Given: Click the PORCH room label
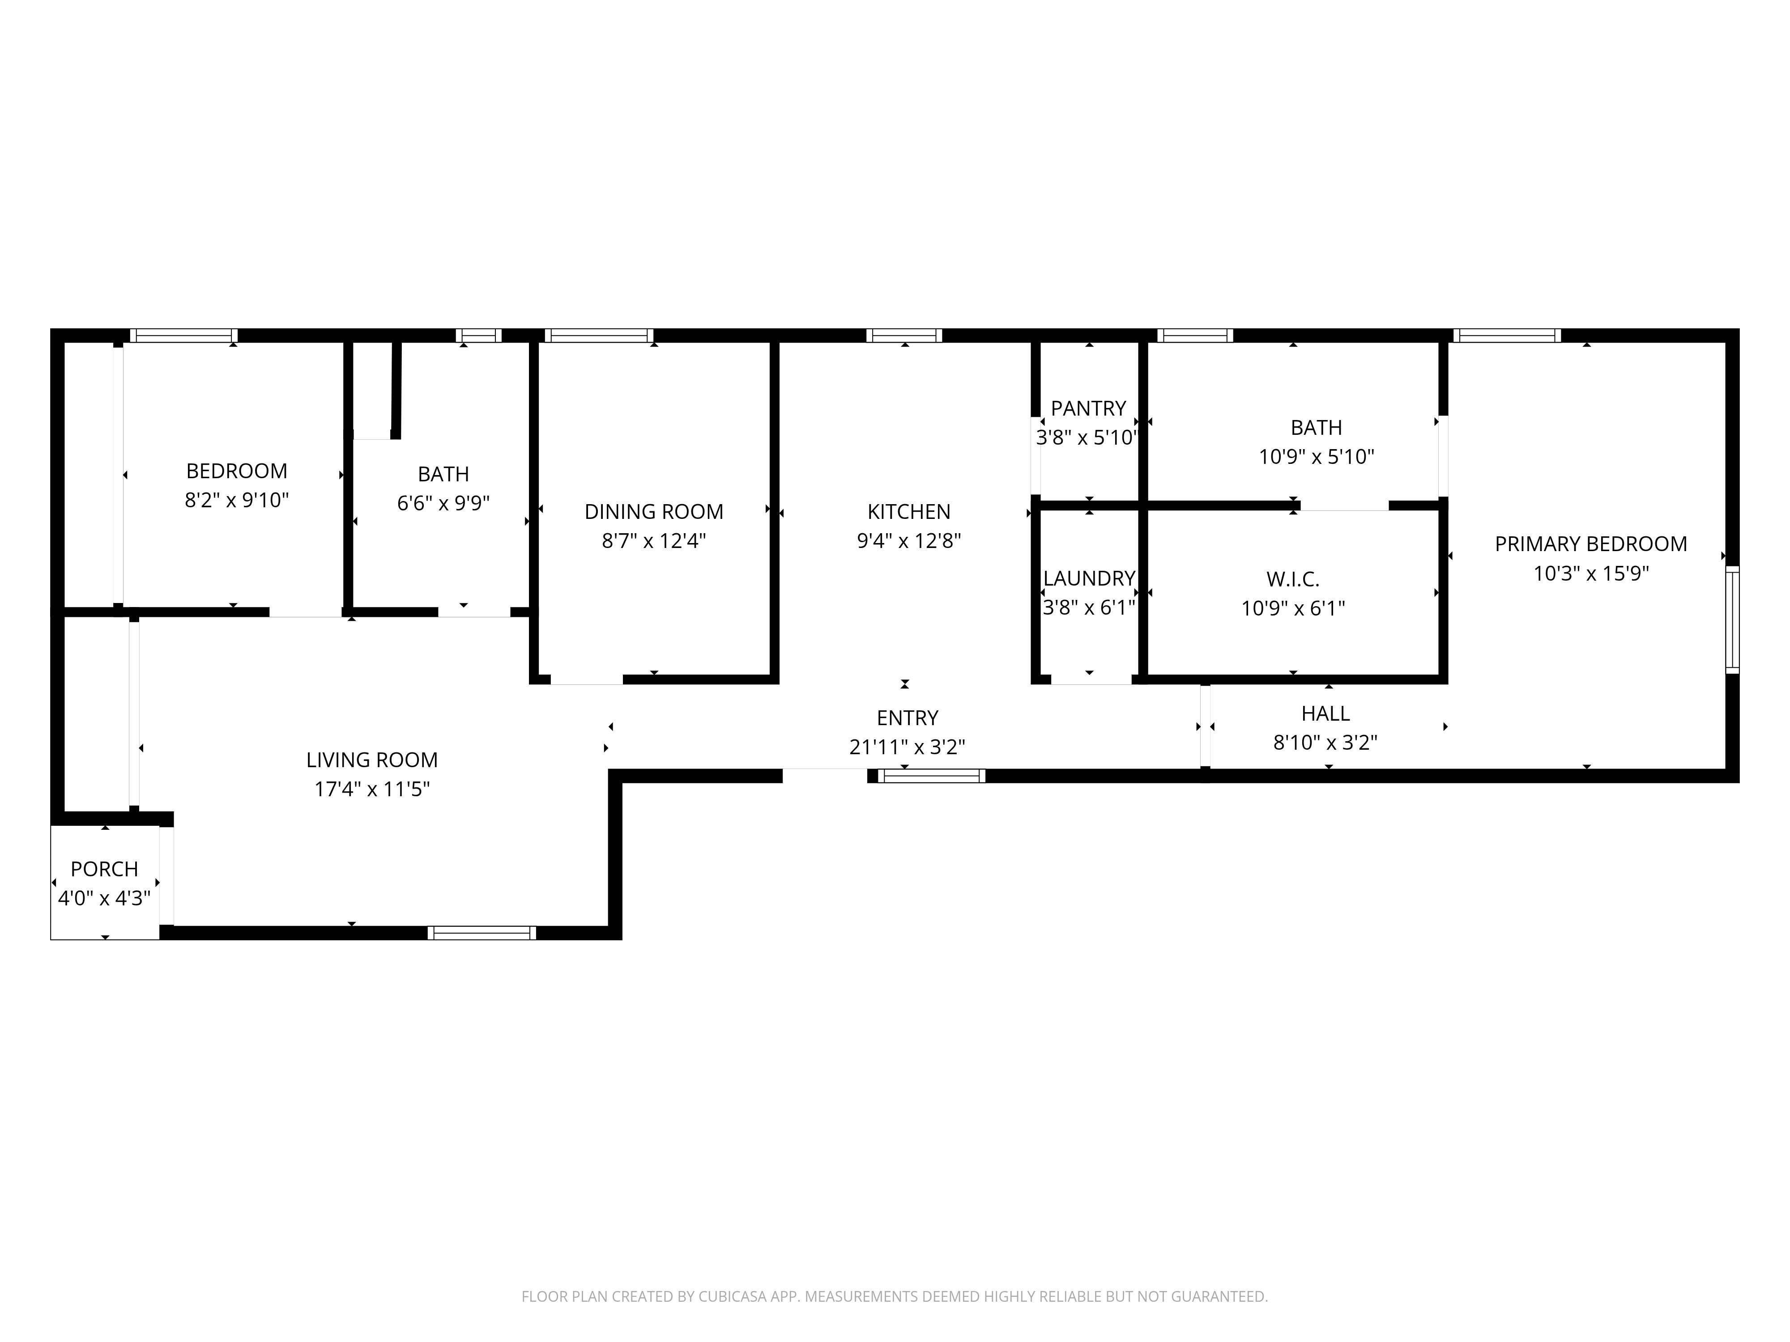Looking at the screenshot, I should coord(104,869).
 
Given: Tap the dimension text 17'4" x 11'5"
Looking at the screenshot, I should coord(371,789).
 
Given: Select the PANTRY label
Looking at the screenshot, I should coord(1088,408).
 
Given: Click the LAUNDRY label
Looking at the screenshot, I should coord(1088,578).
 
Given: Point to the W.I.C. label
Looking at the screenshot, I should coord(1292,579).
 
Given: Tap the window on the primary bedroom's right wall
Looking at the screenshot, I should coord(1732,620).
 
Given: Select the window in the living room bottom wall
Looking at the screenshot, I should coord(482,933).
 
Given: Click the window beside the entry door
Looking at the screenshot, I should coord(931,776).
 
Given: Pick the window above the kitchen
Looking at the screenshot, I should coord(904,335).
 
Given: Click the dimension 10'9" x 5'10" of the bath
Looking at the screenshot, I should coord(1316,457).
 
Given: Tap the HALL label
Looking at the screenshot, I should coord(1325,713).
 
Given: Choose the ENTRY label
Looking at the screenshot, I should coord(907,718).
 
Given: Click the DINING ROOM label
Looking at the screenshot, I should coord(654,512).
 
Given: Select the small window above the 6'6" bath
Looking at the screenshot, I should coord(478,335).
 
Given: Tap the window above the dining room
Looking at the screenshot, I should coord(599,335).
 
